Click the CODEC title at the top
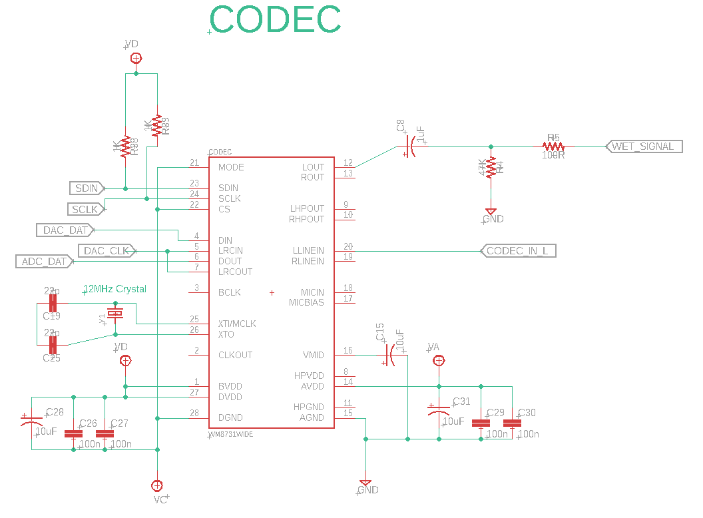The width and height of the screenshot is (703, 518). [x=276, y=20]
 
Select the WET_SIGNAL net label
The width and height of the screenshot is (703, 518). [x=643, y=146]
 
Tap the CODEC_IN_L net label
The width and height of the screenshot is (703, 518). [x=517, y=251]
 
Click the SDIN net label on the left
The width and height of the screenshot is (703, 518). [x=87, y=188]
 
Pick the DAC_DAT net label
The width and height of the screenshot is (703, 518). [x=65, y=230]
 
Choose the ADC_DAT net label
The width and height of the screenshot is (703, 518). [x=45, y=262]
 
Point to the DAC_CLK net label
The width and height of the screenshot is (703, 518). [x=107, y=251]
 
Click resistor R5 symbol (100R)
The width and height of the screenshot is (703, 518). [x=553, y=146]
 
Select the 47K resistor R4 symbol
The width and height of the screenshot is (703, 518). [x=491, y=168]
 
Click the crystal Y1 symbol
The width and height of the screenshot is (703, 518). [x=116, y=314]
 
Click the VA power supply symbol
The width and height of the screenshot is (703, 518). [x=439, y=361]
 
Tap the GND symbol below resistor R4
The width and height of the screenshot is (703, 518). [x=491, y=212]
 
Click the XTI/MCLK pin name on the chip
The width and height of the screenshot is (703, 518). [x=237, y=324]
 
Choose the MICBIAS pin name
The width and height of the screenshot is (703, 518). [x=306, y=302]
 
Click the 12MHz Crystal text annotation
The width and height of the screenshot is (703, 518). [x=115, y=289]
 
